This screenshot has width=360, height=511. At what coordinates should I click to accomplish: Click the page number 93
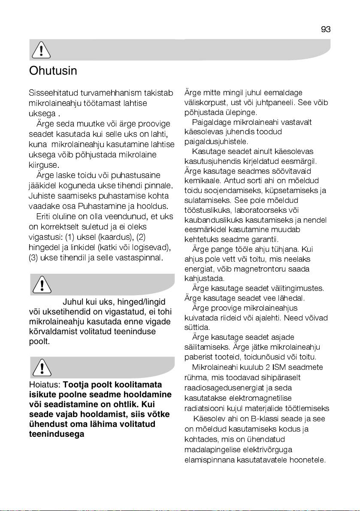tap(326, 29)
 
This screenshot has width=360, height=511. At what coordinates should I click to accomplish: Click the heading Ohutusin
tap(53, 70)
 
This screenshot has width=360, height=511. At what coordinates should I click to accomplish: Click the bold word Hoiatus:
tap(45, 384)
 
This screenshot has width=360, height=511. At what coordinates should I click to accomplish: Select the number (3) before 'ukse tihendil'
tap(33, 258)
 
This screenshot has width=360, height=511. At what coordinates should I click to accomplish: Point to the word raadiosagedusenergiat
tap(220, 387)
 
